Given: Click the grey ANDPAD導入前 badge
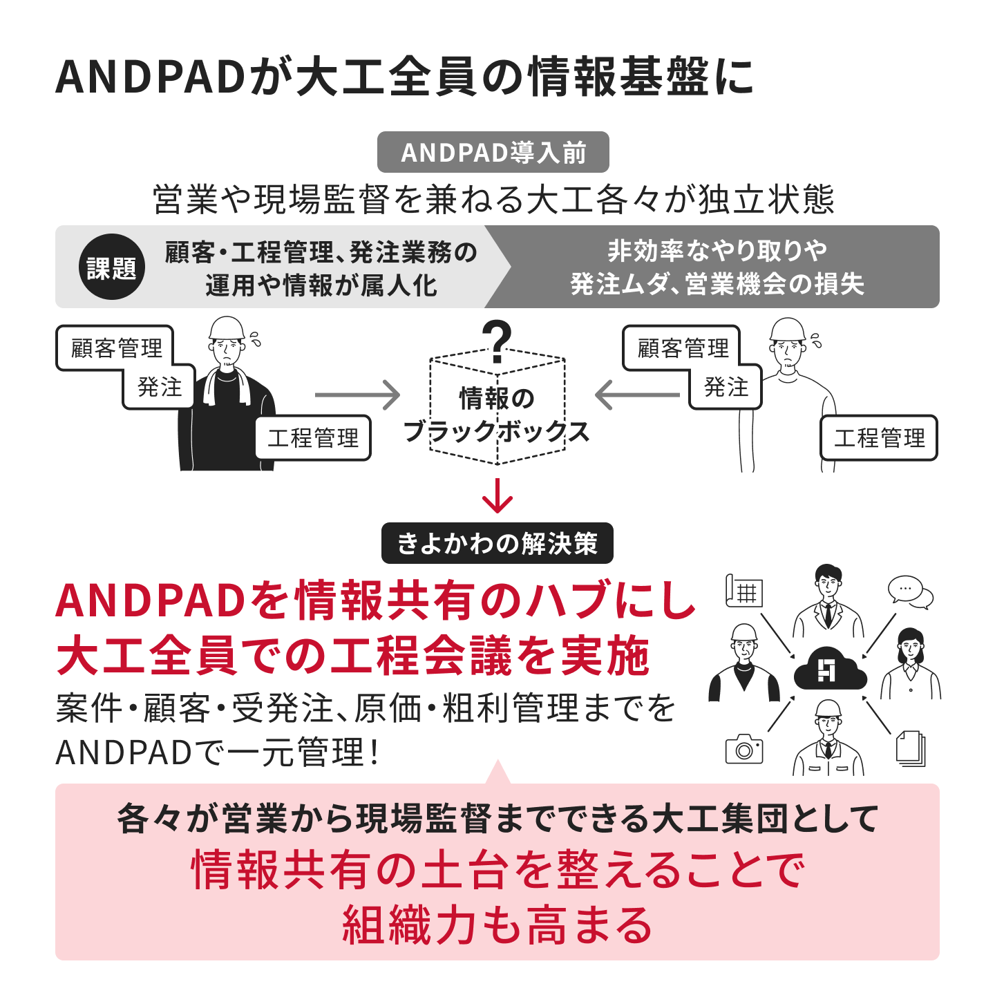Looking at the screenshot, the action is [x=493, y=152].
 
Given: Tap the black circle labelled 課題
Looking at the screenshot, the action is [x=111, y=267].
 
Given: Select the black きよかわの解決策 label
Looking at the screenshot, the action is [x=497, y=543].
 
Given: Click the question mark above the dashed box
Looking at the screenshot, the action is [x=497, y=341].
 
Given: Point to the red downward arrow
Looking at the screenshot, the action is [x=497, y=495].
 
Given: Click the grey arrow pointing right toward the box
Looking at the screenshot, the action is [x=357, y=395].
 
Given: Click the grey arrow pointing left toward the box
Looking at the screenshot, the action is [x=637, y=395].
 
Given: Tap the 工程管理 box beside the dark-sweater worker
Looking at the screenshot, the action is [x=313, y=438].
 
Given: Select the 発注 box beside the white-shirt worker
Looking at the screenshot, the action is [x=726, y=387].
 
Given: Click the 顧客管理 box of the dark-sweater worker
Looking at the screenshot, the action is [x=115, y=348].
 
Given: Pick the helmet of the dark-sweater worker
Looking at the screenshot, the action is [x=226, y=328].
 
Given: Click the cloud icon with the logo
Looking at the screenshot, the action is [x=829, y=668].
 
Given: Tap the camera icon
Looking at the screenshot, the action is [x=744, y=749].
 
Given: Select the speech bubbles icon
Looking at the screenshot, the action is [x=910, y=591].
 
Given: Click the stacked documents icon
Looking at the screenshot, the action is [x=910, y=748].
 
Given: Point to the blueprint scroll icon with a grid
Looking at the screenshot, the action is [x=743, y=590].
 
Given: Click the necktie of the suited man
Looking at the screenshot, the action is [x=828, y=615].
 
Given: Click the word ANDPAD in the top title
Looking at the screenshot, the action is [x=150, y=77].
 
